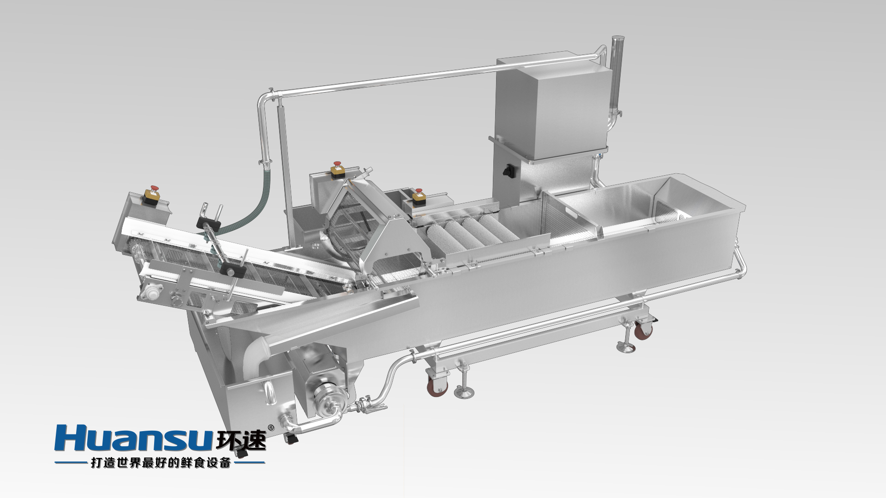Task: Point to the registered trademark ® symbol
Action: [271, 428]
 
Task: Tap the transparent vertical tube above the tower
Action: [615, 74]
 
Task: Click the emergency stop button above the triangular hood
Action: [337, 169]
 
